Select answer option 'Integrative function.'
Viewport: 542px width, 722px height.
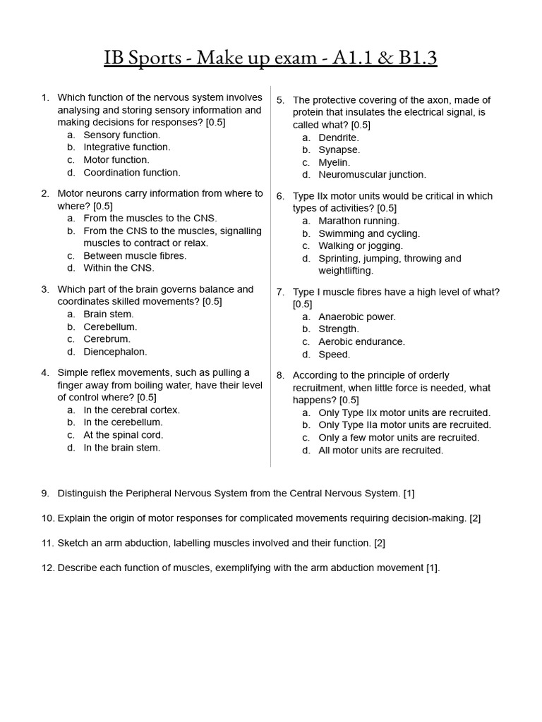coord(126,147)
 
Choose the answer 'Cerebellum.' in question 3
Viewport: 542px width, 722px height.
coord(110,326)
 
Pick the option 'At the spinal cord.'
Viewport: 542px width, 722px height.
coord(123,435)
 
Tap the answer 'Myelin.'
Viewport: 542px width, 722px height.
coord(334,162)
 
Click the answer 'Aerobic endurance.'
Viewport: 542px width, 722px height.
coord(361,341)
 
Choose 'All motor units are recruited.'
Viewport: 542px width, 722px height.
coord(380,450)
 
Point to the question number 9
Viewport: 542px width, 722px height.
coord(45,494)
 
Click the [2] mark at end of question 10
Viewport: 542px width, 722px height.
coord(475,518)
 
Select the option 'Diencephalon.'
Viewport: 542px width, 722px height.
coord(115,352)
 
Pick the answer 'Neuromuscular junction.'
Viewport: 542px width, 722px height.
coord(372,175)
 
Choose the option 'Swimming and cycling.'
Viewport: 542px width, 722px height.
coord(368,233)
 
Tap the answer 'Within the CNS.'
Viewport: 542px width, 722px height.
coord(119,268)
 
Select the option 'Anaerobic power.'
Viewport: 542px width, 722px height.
coord(357,317)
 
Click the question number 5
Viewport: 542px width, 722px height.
coord(280,100)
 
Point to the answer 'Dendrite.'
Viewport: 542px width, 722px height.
coord(339,137)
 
